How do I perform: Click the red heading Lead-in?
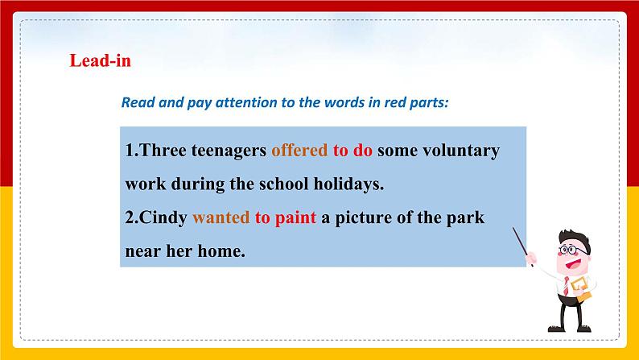(x=100, y=61)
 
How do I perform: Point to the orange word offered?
(x=299, y=151)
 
